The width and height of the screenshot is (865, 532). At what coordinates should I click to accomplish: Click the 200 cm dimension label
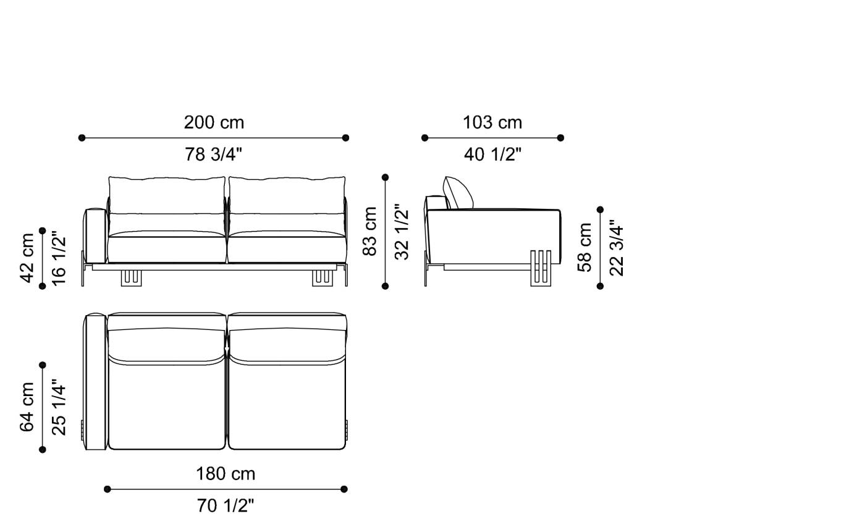point(214,122)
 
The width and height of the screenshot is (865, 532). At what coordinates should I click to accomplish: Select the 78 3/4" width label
point(214,154)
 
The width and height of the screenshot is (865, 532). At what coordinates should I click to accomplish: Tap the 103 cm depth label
point(492,122)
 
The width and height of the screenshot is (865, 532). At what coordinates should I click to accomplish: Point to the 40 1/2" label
point(492,154)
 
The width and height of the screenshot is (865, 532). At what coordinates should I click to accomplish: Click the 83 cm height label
point(369,232)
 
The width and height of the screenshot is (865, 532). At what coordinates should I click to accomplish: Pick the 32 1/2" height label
point(402,232)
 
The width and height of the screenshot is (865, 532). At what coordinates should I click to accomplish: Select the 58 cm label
point(584,247)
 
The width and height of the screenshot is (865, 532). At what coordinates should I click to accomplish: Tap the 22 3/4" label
point(617,247)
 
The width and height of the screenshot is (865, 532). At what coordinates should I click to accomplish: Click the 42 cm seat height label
point(27,258)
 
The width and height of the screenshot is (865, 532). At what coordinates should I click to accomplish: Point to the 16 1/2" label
point(59,258)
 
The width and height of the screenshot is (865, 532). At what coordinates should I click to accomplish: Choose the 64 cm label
point(27,407)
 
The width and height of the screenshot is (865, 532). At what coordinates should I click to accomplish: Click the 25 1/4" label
point(59,407)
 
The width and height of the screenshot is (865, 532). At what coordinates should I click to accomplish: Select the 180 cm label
point(226,474)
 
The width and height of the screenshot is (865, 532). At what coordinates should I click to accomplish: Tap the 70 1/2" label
point(226,506)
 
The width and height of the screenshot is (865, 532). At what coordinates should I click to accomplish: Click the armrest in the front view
point(95,235)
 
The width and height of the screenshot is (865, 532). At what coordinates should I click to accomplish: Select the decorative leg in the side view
point(541,268)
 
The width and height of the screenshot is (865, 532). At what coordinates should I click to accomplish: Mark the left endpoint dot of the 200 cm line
point(82,138)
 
